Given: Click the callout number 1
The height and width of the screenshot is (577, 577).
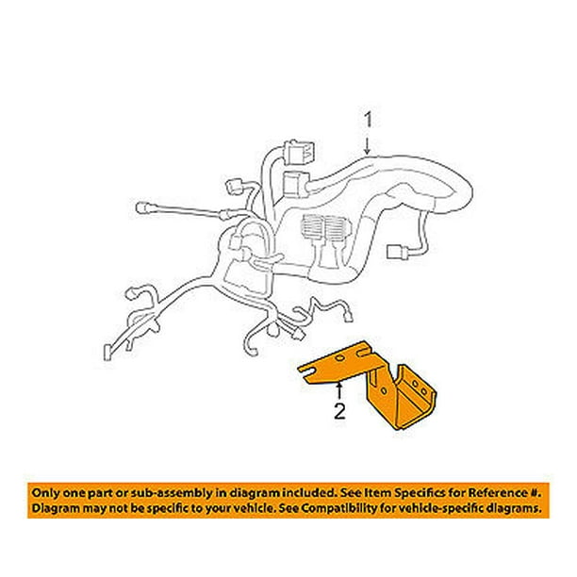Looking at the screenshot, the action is point(369,121).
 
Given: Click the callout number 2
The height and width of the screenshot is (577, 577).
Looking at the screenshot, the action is point(339,411).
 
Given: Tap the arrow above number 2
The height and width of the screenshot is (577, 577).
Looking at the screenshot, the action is point(339,391).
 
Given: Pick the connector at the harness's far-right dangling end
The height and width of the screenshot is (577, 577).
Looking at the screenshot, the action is point(397,252).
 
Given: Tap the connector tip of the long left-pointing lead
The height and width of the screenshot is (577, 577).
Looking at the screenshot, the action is point(142,208).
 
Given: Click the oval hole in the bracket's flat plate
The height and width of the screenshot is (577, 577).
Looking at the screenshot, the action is point(340,358).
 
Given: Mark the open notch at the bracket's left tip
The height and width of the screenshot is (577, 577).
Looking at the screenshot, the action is point(305,371).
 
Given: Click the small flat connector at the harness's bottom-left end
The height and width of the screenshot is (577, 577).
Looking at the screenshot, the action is point(107,353).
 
